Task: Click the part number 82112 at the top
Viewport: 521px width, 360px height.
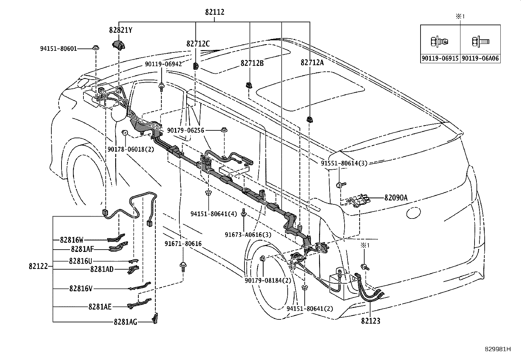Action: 215,12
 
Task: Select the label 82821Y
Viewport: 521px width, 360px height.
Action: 121,30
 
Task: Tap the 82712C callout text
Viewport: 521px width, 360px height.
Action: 198,44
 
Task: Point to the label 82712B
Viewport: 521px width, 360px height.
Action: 252,63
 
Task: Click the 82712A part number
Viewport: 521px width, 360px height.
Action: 312,63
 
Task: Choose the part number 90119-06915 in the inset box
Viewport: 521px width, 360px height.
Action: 440,58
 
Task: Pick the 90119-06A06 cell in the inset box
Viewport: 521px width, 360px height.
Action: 480,58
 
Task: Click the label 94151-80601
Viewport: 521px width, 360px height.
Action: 59,49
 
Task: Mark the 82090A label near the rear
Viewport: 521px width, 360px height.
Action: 396,198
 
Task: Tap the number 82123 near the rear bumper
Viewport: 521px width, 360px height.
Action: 371,321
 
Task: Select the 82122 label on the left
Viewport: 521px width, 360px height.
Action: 38,266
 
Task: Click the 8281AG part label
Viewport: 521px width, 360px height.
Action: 125,322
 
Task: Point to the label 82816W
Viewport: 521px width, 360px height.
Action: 72,240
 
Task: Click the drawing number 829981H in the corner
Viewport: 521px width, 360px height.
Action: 498,349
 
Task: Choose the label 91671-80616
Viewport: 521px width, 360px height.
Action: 183,244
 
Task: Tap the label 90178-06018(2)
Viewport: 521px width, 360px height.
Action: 131,149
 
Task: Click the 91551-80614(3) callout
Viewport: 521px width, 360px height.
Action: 344,163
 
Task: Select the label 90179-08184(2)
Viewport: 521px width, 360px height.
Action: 268,281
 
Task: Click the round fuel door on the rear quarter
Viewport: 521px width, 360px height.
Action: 413,213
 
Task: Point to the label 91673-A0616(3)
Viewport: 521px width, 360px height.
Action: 248,235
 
